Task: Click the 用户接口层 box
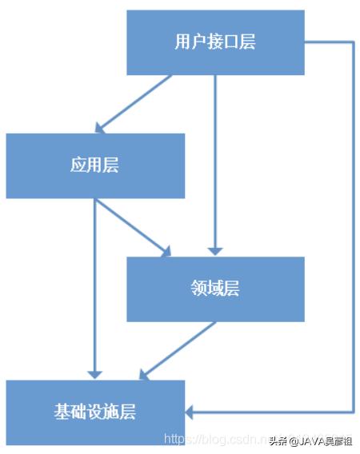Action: click(x=215, y=42)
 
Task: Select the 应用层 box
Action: click(x=95, y=165)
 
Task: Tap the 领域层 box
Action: click(x=215, y=289)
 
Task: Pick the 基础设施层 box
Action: click(x=95, y=412)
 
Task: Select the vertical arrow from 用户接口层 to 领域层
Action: click(x=215, y=160)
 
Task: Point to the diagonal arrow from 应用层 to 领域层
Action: click(x=132, y=228)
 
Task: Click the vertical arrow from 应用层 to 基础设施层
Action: click(x=95, y=288)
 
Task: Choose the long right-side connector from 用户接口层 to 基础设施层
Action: click(x=353, y=232)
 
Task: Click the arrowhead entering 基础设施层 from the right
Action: click(x=192, y=412)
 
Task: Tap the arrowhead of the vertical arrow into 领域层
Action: click(x=215, y=249)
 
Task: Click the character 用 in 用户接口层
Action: click(x=182, y=42)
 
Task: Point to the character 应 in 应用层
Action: click(x=78, y=165)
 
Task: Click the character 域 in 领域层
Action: click(x=215, y=289)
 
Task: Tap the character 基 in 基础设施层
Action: click(x=62, y=412)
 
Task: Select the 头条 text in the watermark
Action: click(x=278, y=440)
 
